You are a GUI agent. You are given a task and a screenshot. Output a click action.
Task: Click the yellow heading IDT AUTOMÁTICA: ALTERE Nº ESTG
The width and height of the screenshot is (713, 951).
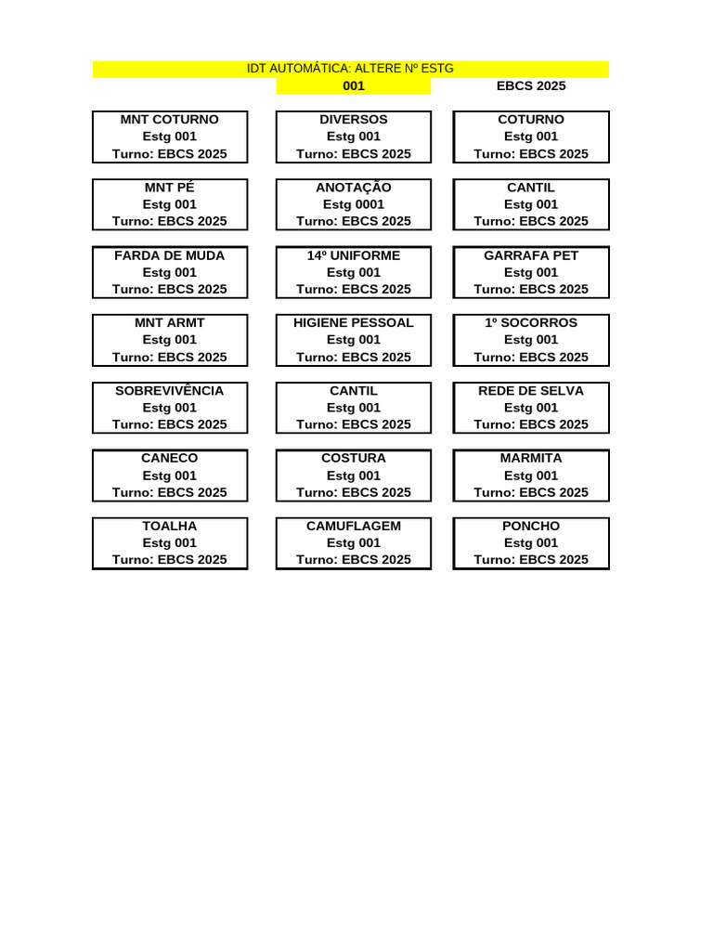[x=350, y=69]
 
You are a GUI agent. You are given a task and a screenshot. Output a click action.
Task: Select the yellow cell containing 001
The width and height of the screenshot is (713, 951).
[x=354, y=86]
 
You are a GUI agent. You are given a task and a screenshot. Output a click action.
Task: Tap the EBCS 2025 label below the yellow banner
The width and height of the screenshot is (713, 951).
[x=531, y=86]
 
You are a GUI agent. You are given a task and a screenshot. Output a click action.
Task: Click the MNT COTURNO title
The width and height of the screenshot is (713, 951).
[x=170, y=120]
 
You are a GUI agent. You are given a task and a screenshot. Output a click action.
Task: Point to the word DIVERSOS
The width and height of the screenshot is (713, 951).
[x=354, y=120]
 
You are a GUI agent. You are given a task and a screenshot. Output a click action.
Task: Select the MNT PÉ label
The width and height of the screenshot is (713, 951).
[x=170, y=188]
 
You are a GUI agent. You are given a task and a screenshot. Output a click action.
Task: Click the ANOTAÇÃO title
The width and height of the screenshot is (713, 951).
[x=354, y=188]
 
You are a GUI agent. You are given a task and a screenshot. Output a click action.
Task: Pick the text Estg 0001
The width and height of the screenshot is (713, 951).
[x=354, y=204]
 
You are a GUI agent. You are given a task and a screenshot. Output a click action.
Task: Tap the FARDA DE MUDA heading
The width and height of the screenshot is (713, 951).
[x=170, y=255]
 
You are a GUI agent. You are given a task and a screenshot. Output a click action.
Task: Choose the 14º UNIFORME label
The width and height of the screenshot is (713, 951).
[x=354, y=255]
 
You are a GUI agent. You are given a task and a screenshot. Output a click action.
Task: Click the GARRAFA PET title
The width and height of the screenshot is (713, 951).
[x=531, y=255]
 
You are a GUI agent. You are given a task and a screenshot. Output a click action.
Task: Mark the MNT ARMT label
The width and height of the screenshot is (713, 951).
[x=170, y=322]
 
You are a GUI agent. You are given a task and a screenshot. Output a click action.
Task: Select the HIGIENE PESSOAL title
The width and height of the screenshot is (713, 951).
[x=354, y=322]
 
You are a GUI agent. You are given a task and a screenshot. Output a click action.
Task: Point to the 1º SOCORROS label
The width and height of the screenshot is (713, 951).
[x=531, y=322]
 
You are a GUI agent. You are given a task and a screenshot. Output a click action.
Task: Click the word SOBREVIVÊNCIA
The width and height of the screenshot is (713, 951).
[x=170, y=390]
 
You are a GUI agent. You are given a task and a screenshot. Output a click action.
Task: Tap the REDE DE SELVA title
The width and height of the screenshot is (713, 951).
[x=531, y=391]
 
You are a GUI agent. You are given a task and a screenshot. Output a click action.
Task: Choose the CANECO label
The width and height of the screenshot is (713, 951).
[x=170, y=458]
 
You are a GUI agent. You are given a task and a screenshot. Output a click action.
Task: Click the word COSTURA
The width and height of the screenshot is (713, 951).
[x=354, y=458]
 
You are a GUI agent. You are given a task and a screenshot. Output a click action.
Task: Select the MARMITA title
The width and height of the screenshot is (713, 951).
[x=531, y=458]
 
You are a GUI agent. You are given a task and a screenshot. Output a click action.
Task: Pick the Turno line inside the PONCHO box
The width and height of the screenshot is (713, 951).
[x=531, y=560]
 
